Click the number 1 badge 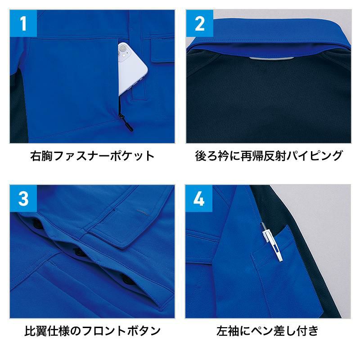coord(23,23)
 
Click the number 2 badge coord(199,23)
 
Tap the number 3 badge coord(23,198)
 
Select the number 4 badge coord(199,198)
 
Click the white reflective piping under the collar coord(272,58)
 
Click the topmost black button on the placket coord(36,222)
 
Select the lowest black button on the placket coord(126,279)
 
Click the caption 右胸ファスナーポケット coord(92,156)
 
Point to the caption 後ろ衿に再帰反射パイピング coord(269,156)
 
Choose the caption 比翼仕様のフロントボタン coord(92,331)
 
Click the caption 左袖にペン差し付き coord(267,331)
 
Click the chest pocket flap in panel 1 coord(162,50)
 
